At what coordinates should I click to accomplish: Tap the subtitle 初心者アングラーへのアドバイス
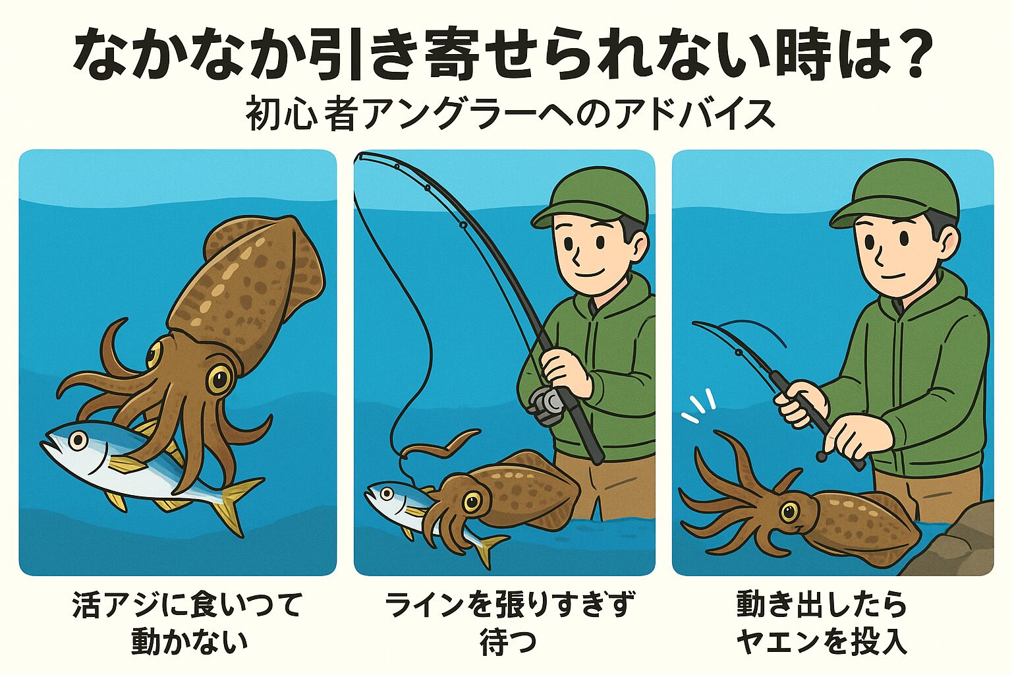[510, 115]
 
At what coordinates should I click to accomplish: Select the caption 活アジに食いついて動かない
[188, 622]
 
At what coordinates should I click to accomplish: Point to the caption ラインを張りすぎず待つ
[509, 622]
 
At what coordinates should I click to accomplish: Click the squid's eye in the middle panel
[471, 502]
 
